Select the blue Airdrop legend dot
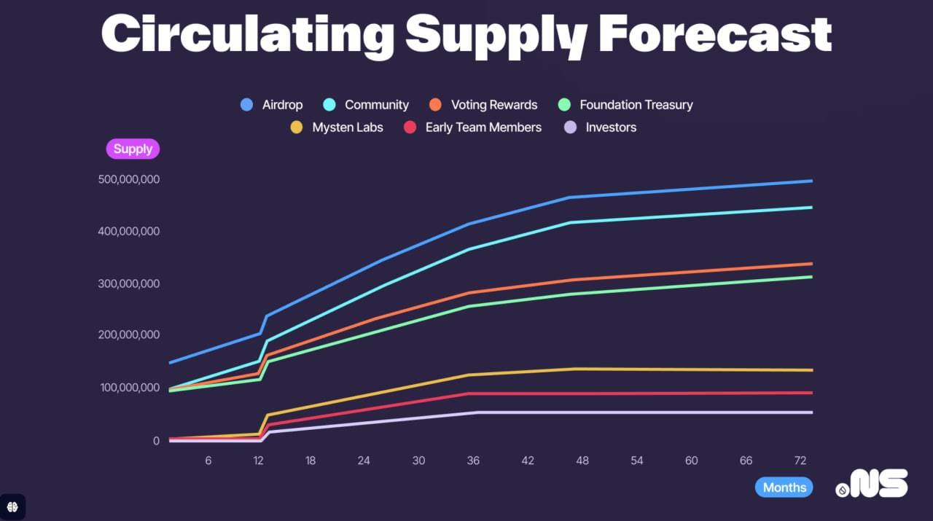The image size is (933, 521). [246, 105]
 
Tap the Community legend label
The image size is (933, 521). [376, 105]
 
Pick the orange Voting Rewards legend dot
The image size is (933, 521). [435, 105]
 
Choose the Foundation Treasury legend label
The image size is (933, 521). [636, 105]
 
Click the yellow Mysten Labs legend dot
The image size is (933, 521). [296, 128]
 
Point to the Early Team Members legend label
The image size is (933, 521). [483, 128]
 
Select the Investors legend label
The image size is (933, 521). [611, 128]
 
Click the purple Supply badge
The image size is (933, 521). [133, 149]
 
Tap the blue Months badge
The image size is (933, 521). [784, 487]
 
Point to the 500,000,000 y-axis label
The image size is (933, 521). [128, 179]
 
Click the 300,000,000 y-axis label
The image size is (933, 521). [128, 283]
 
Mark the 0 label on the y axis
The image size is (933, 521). [155, 441]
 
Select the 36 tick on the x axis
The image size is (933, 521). [473, 461]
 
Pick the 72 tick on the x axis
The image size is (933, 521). [800, 461]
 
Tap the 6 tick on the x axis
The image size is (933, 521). [208, 461]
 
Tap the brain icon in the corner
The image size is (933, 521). [12, 506]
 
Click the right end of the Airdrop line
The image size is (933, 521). [811, 181]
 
